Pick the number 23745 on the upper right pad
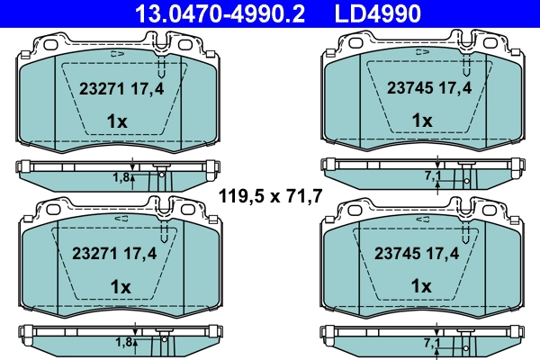tap(406, 89)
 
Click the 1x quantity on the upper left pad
tap(118, 121)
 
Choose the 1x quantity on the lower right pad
tap(422, 286)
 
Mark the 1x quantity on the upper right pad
tap(422, 121)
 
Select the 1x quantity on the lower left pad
tap(118, 286)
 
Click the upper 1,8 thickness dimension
tap(121, 177)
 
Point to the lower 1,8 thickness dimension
tap(121, 343)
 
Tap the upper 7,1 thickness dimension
tap(431, 177)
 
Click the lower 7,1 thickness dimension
tap(431, 343)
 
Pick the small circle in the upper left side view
tap(162, 175)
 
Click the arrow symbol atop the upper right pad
tap(420, 54)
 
